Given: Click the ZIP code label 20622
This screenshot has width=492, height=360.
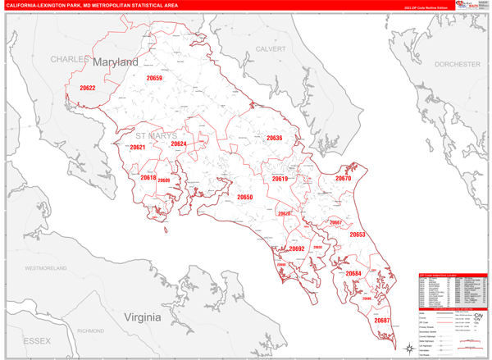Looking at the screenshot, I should point(87,88).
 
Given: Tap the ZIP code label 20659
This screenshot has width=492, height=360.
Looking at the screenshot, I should point(154,78).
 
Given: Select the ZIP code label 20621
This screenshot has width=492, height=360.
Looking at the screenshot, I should point(137,148).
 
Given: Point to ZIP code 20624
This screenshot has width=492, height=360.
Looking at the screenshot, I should point(178,144).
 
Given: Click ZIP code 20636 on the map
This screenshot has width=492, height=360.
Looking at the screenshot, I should point(274,139).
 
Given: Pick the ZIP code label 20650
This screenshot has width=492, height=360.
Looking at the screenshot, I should point(245,198).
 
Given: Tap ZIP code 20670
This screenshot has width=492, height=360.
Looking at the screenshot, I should point(343,178).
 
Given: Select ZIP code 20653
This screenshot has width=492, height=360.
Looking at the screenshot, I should point(358,235).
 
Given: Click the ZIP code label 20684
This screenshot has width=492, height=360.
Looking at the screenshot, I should point(353,273).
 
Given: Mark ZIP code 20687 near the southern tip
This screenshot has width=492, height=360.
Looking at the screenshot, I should point(382,320).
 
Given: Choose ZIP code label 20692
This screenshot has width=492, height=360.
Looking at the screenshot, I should point(296,248).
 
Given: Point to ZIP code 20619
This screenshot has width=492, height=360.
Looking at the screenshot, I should point(280,179).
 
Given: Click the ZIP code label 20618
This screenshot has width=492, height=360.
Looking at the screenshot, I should point(148,177).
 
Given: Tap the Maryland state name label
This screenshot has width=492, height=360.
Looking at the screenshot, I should point(115,62).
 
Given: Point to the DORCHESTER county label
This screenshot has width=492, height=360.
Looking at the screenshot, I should point(458,63).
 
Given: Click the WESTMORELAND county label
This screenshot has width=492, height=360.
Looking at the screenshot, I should point(51,268).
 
